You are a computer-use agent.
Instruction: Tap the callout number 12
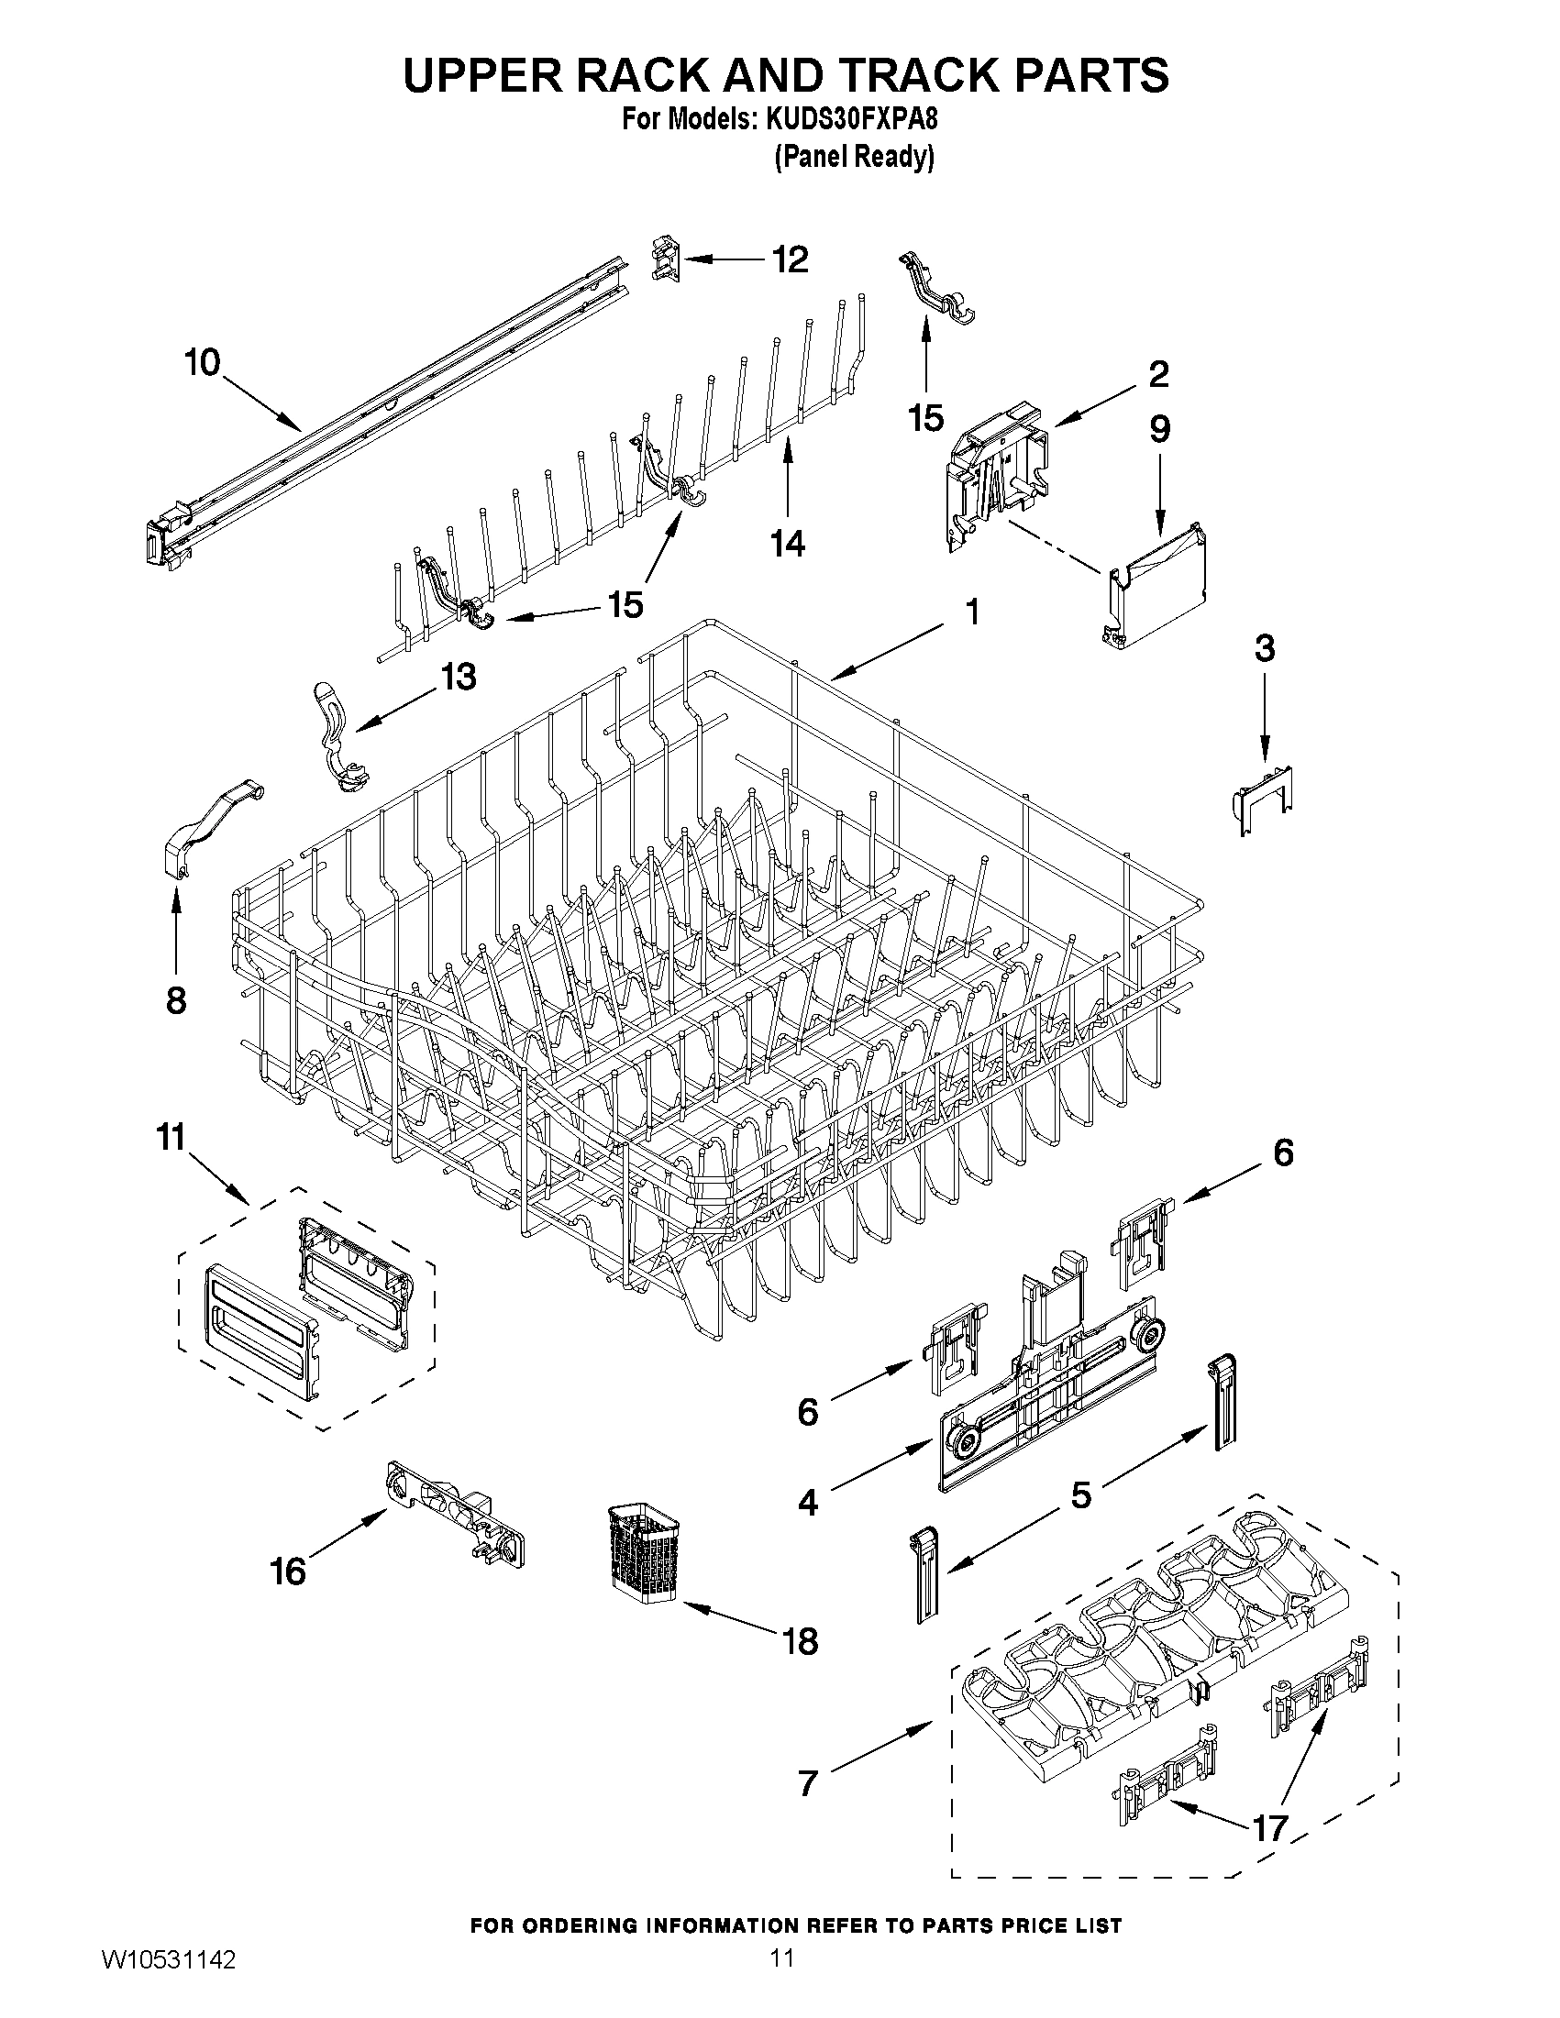(x=790, y=259)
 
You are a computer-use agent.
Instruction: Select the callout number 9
(x=1159, y=429)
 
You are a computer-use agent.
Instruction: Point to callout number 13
(x=458, y=677)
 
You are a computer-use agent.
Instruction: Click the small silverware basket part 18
(x=644, y=1554)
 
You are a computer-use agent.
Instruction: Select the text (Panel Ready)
(x=853, y=157)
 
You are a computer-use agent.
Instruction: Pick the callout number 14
(x=788, y=544)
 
